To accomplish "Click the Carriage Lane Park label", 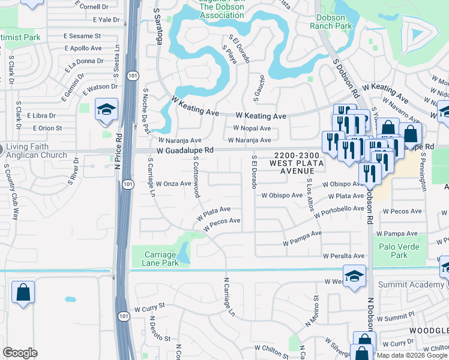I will [160, 259].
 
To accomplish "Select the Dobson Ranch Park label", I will [334, 22].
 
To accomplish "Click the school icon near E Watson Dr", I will [106, 110].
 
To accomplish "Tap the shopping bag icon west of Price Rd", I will [23, 293].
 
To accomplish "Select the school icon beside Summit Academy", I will [354, 277].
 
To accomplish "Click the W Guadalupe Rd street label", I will [185, 150].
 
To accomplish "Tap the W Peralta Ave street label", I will [343, 256].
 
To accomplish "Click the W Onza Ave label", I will [173, 184].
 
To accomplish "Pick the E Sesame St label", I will [83, 36].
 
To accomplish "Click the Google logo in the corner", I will [20, 353].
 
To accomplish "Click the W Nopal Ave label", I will [252, 128].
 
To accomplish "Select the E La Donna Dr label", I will [85, 61].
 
